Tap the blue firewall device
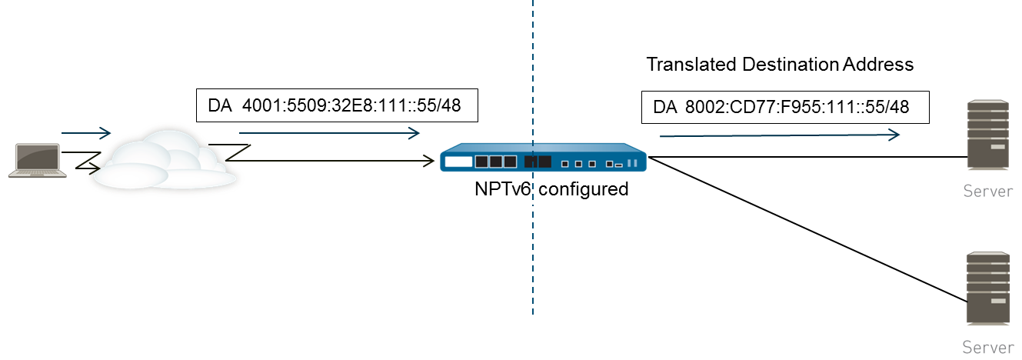[x=543, y=161]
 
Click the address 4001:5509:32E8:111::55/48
[x=351, y=105]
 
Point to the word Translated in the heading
[x=691, y=65]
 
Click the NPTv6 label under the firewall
[x=501, y=188]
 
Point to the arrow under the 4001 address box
[x=331, y=133]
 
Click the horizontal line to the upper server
[x=807, y=157]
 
